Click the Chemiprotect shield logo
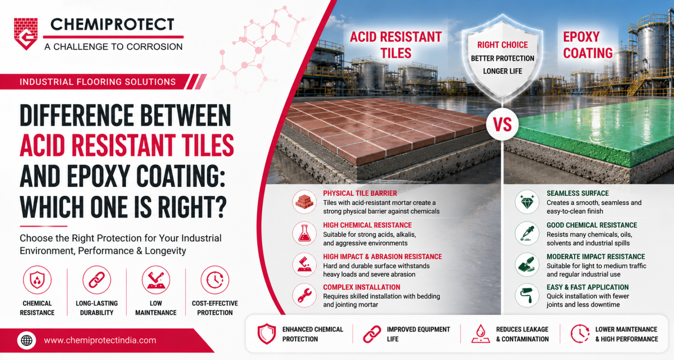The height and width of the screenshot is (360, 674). (x=26, y=34)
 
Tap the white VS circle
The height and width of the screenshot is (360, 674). (x=502, y=124)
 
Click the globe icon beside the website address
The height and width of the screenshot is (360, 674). (x=27, y=341)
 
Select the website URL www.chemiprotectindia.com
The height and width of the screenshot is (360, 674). (x=100, y=341)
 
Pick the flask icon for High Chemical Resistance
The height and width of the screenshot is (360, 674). (x=304, y=234)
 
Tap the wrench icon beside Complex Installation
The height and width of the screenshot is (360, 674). (x=304, y=295)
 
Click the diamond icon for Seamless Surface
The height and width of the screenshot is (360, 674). (x=527, y=202)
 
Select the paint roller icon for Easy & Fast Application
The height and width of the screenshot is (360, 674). (x=527, y=295)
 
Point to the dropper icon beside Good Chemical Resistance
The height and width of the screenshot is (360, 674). (x=527, y=234)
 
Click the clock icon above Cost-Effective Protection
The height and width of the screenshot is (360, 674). (x=215, y=280)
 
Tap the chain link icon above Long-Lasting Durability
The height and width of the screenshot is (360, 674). (x=97, y=280)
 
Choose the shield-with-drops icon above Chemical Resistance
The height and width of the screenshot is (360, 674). (x=37, y=280)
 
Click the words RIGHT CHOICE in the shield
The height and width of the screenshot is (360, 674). (x=502, y=45)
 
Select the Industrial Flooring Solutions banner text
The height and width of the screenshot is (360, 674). (x=98, y=82)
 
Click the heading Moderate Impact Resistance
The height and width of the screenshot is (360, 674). (x=596, y=257)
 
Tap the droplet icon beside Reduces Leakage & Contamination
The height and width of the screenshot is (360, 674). (x=481, y=333)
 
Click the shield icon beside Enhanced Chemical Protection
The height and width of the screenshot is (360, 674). (x=267, y=334)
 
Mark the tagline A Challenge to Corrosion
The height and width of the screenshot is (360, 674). (x=113, y=46)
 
